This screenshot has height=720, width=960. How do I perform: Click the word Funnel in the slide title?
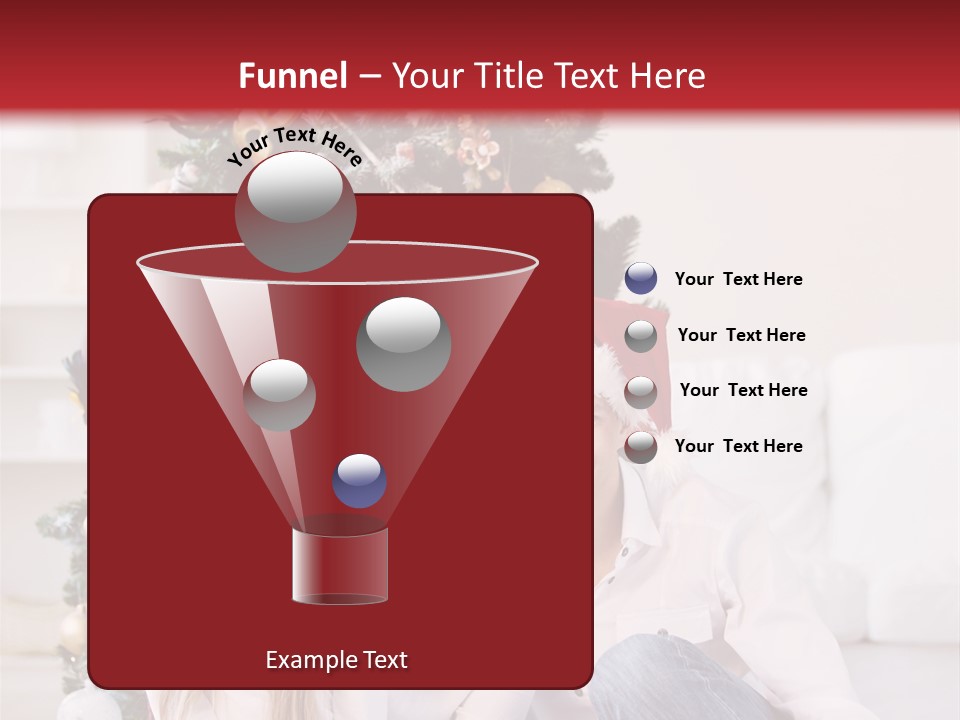292,76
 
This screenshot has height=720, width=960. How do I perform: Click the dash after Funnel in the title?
368,76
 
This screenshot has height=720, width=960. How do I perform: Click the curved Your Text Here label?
294,146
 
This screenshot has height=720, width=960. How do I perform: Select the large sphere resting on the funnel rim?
296,212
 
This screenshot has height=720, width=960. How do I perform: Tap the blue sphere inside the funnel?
360,480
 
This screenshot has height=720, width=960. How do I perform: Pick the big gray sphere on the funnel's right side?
404,343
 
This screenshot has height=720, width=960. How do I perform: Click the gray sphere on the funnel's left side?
280,394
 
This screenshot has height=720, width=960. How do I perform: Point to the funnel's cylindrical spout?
340,566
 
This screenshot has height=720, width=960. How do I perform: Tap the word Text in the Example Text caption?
384,660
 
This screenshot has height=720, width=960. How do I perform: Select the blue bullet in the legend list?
641,279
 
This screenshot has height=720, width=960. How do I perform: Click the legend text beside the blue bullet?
738,280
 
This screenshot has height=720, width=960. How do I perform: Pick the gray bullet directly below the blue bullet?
641,335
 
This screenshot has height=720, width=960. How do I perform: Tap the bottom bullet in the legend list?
641,447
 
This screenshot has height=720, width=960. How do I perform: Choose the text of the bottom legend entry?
738,446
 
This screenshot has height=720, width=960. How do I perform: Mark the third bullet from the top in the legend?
641,391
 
